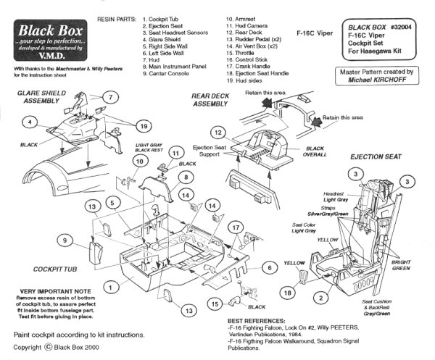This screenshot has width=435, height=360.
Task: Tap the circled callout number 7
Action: pos(110,97)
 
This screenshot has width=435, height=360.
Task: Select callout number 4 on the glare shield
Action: pos(29,122)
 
